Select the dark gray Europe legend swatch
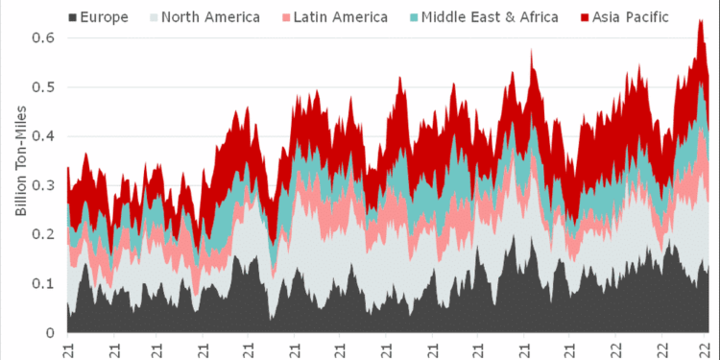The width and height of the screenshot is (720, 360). (x=74, y=17)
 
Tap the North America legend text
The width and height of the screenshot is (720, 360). (x=209, y=17)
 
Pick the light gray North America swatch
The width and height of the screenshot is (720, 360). (x=153, y=17)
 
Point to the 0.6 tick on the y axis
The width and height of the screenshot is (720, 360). (x=45, y=36)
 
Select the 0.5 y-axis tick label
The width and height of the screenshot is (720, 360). (x=45, y=86)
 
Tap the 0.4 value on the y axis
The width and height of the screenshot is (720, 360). (x=45, y=135)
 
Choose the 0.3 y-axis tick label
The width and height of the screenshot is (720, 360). (x=45, y=185)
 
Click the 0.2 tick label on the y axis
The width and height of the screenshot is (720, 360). (x=45, y=234)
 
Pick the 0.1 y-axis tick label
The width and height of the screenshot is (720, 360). (x=45, y=284)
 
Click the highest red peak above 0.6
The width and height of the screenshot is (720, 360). (x=700, y=21)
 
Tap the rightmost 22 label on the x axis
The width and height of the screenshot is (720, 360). (x=703, y=350)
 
